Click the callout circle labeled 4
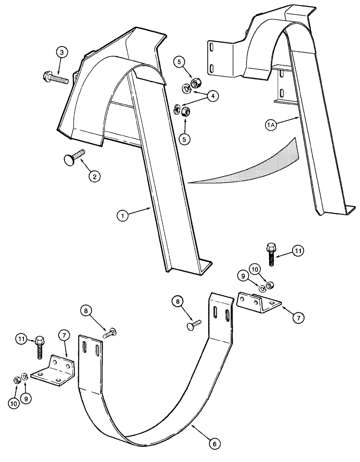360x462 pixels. pos(212,96)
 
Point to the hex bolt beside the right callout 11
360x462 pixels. pos(271,254)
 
